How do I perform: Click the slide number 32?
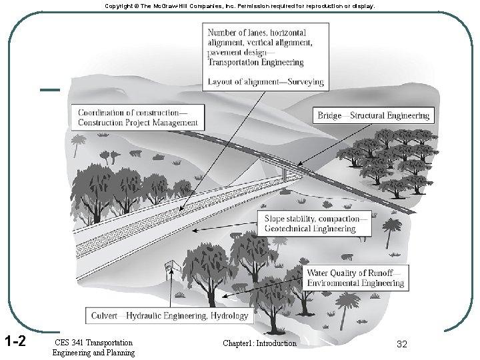coord(401,344)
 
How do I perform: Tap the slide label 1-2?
coord(14,342)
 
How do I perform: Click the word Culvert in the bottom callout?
coord(105,315)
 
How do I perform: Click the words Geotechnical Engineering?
coord(310,228)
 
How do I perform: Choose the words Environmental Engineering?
coord(355,283)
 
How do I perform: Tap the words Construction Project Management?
coord(138,122)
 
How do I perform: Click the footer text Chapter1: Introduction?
coord(261,343)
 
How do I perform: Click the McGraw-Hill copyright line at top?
coord(239,5)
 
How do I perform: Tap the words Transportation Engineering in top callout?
coord(255,62)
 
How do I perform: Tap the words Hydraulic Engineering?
coord(167,315)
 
